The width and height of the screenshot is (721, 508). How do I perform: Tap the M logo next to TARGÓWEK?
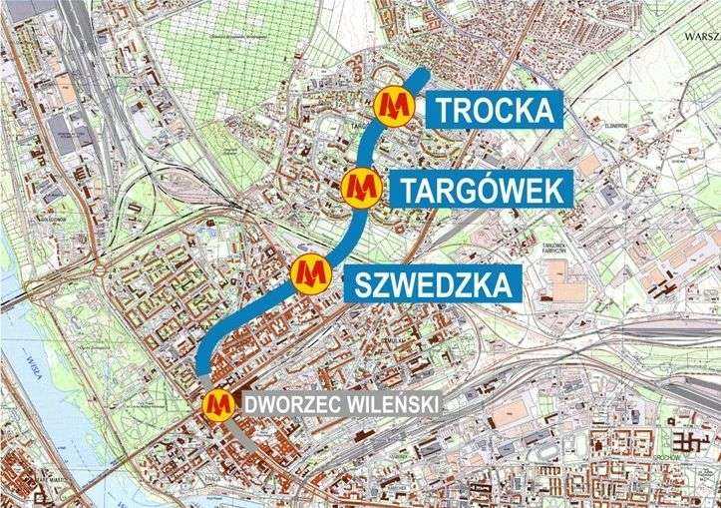coord(361,188)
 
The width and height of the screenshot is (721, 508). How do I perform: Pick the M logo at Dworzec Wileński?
coord(217,404)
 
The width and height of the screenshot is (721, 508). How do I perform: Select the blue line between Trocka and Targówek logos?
coord(378,147)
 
